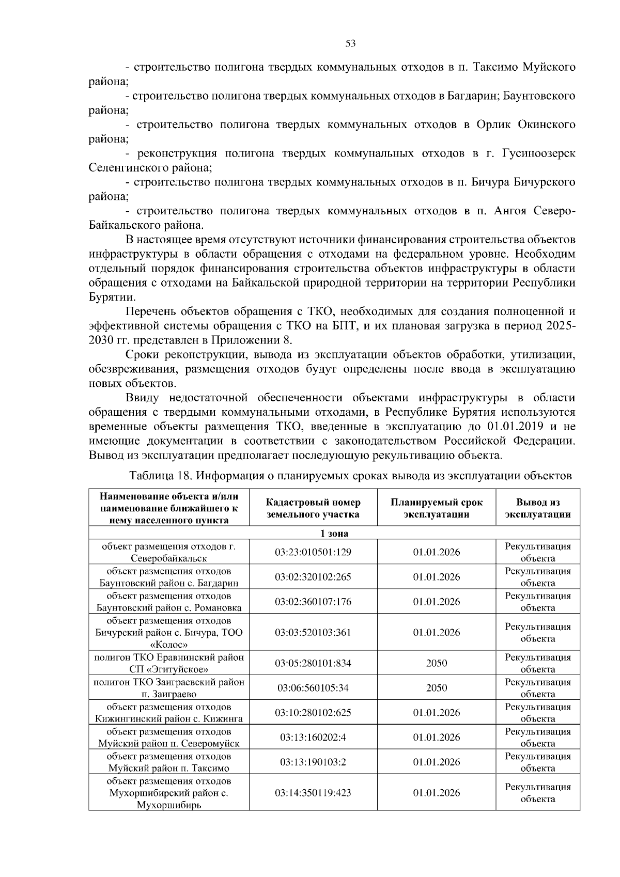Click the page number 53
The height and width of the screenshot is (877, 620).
[x=350, y=43]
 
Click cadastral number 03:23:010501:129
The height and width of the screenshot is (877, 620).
[x=313, y=552]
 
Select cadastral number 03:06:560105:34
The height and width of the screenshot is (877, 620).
[x=313, y=688]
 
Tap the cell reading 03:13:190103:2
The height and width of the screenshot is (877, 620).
[x=313, y=762]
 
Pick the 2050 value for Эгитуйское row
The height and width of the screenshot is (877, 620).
[x=436, y=663]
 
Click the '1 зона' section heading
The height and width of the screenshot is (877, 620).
[x=334, y=534]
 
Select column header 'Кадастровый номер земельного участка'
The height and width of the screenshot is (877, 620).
[x=313, y=508]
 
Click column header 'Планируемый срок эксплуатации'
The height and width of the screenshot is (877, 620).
[x=436, y=508]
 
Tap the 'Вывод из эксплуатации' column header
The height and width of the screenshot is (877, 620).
[x=537, y=508]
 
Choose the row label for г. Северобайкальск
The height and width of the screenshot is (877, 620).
[x=168, y=552]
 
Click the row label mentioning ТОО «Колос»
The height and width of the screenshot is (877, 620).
[x=168, y=633]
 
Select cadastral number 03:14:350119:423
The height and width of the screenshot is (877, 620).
[x=313, y=793]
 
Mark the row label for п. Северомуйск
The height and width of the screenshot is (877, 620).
[x=168, y=738]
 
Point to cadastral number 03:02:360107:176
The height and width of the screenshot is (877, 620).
[x=313, y=602]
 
